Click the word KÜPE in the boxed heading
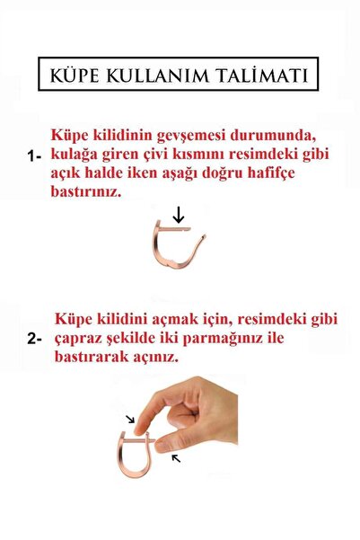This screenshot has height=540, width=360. (80, 73)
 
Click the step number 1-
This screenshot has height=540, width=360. (36, 155)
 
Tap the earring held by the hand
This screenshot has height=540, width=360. (136, 454)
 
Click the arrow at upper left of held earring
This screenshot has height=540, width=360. (131, 419)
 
